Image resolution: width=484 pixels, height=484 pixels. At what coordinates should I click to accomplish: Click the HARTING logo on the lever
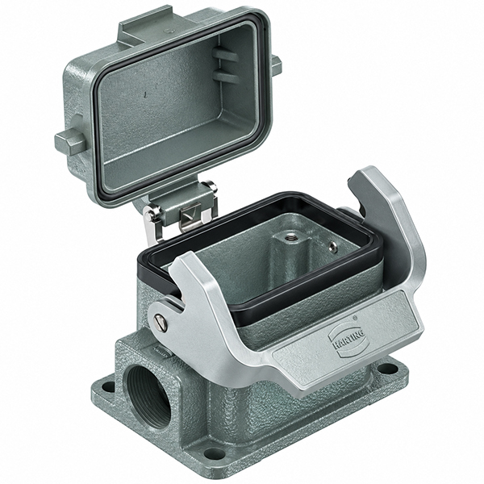348,340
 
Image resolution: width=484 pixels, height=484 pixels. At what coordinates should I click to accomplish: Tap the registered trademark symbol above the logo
355,317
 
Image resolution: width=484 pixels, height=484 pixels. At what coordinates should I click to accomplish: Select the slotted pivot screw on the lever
162,322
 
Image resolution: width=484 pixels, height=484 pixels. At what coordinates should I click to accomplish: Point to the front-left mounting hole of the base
108,386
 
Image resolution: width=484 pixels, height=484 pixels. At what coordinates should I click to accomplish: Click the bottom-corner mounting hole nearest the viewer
214,453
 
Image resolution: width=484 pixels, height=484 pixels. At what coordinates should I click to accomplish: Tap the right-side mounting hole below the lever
388,369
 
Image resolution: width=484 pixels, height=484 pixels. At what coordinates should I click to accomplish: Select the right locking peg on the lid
276,65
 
